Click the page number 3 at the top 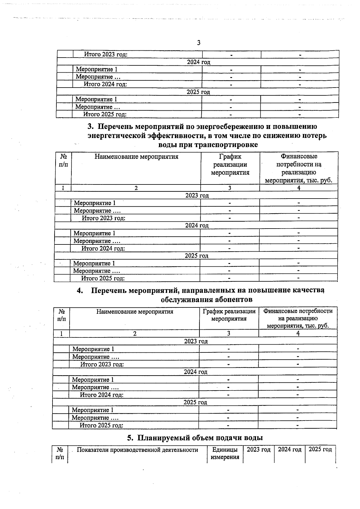point(199,43)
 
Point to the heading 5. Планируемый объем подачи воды point(195,438)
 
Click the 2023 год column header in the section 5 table point(259,450)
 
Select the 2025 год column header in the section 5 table point(320,450)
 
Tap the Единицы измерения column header point(225,453)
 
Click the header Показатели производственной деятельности point(137,450)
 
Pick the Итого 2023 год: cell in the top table point(106,55)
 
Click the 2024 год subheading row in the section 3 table point(196,226)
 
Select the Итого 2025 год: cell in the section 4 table point(101,425)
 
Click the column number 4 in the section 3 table point(299,188)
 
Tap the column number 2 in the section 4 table point(135,334)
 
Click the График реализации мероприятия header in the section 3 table point(230,164)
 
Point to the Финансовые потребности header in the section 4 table point(298,318)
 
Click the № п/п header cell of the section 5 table point(60,453)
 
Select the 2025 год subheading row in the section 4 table point(195,402)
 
